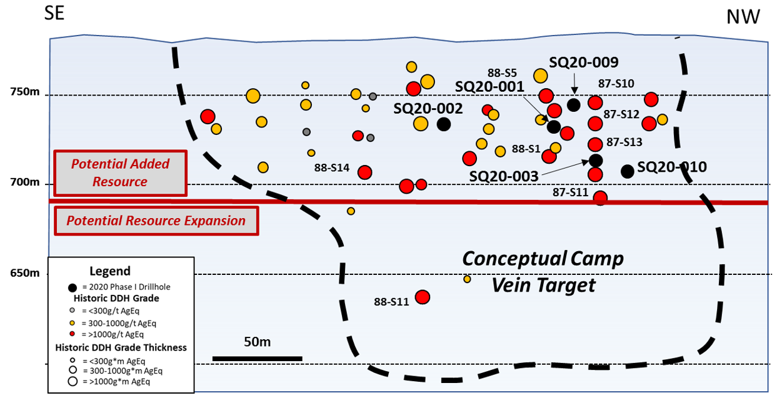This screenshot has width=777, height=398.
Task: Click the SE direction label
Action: [x=54, y=13]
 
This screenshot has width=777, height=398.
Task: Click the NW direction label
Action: [x=743, y=17]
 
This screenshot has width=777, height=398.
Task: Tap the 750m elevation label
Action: [x=25, y=92]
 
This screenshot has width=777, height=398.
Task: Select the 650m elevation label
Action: [x=25, y=273]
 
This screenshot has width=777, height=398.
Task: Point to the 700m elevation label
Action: [x=25, y=182]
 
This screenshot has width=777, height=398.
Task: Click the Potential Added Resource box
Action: [x=121, y=173]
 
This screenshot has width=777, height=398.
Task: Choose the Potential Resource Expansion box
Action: [x=156, y=221]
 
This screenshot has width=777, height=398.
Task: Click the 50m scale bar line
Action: [x=258, y=359]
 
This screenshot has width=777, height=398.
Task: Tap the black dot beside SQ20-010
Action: [x=628, y=171]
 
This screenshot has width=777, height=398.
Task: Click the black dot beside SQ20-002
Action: [x=444, y=124]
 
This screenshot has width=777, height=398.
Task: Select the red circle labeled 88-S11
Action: [x=423, y=297]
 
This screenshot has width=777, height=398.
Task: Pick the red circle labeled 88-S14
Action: [x=365, y=172]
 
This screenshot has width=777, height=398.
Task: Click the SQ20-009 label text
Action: [x=584, y=62]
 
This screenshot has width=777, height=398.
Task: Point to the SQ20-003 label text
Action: [x=504, y=176]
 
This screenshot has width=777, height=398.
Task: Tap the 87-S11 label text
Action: [x=571, y=192]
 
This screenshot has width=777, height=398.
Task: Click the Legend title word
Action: [x=110, y=271]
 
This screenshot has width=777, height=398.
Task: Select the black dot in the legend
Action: [x=73, y=287]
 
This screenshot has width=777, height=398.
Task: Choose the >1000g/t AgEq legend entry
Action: [x=107, y=334]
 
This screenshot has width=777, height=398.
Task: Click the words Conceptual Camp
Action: [x=543, y=259]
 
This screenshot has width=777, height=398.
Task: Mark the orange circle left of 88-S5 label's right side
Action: [x=541, y=76]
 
